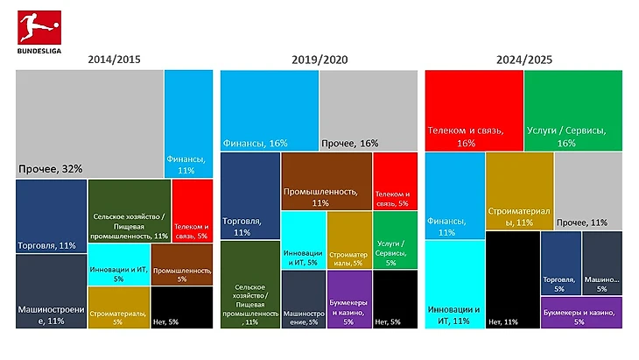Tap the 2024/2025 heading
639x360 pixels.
(x=524, y=60)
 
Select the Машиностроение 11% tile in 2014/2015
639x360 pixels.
(x=51, y=292)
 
